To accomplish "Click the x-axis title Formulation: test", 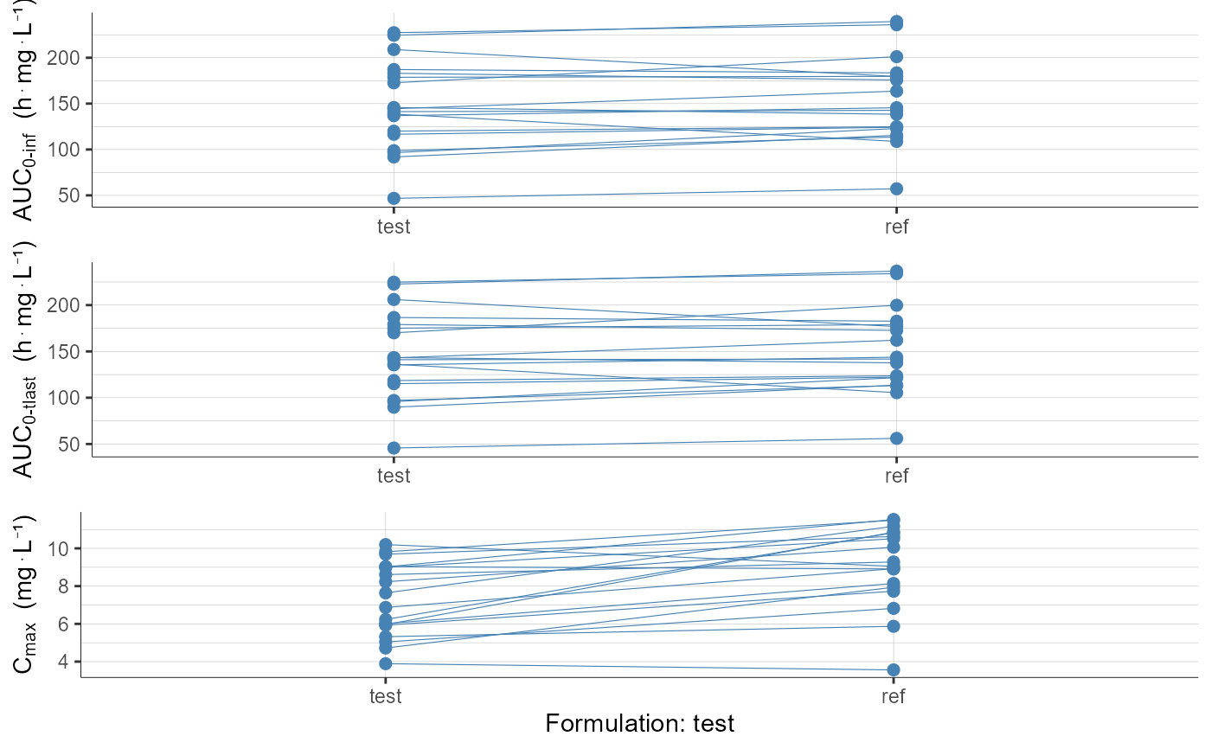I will [x=639, y=723].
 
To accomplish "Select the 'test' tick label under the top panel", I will [x=394, y=227].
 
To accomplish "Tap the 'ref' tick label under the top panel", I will [x=896, y=227].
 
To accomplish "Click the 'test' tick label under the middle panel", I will [x=394, y=476].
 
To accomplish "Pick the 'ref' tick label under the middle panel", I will [x=896, y=476].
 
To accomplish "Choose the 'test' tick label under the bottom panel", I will [x=386, y=697].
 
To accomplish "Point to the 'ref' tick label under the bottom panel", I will [x=894, y=697].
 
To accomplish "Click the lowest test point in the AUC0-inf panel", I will [x=394, y=198].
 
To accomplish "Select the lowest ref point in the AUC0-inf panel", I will [x=896, y=189].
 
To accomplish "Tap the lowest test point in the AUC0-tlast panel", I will [x=394, y=448].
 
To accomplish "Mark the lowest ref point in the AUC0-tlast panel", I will [x=896, y=439].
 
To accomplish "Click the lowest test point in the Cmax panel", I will [x=386, y=663].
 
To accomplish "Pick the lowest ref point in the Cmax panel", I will [x=894, y=669].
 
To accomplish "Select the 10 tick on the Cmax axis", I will [x=61, y=549].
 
